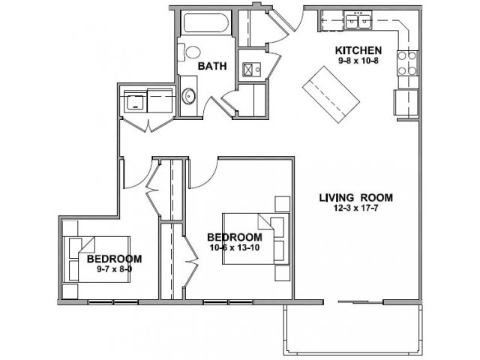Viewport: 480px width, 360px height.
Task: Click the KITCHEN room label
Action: point(358,50)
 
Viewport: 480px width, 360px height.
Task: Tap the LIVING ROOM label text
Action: point(356,198)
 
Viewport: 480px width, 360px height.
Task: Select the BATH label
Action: point(212,66)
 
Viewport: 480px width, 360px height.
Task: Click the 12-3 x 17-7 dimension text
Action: point(356,208)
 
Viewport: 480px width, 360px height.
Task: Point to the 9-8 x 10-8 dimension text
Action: point(358,61)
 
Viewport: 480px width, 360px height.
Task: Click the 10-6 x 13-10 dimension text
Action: point(235,247)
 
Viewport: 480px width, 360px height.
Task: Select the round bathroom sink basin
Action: point(188,96)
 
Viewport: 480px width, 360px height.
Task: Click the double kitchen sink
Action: point(358,20)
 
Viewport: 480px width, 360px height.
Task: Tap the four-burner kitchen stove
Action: point(407,63)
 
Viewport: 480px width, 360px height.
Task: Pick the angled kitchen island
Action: point(331,94)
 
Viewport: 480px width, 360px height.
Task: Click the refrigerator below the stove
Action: point(406,102)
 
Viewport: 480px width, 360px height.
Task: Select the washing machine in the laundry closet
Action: point(135,100)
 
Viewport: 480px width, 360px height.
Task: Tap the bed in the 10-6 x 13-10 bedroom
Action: point(256,238)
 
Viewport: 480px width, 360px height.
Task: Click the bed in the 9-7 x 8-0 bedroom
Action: point(97,259)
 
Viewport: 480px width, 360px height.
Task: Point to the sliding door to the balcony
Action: point(360,302)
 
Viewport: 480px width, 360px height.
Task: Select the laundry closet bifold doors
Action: point(148,125)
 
